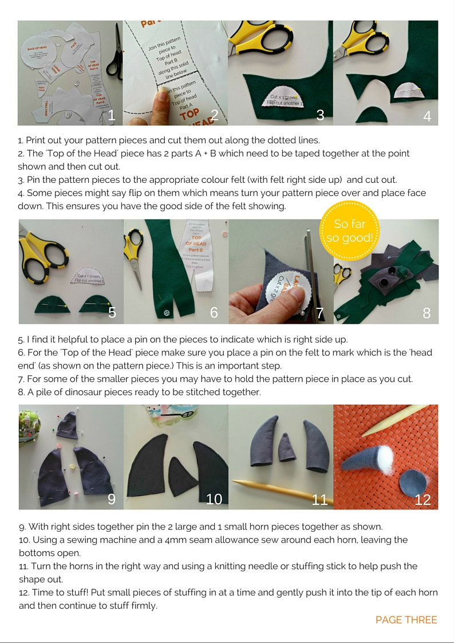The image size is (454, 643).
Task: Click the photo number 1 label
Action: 111,115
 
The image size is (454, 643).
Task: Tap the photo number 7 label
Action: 320,313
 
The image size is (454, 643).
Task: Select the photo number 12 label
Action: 423,499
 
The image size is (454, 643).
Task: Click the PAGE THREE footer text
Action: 406,620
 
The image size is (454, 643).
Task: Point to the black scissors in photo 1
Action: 115,52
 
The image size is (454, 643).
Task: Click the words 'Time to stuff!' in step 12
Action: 56,592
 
